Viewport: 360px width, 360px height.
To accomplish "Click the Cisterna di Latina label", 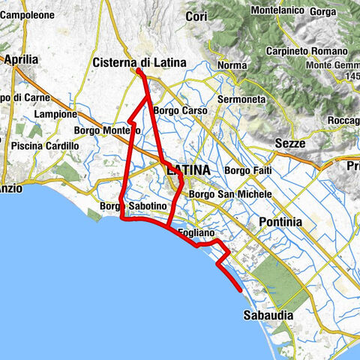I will [139, 63].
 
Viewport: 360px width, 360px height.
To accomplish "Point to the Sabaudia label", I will [268, 316].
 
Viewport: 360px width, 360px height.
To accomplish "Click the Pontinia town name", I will [280, 222].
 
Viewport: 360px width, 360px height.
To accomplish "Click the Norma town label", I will [232, 66].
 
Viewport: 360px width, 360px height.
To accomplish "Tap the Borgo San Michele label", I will [229, 194].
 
